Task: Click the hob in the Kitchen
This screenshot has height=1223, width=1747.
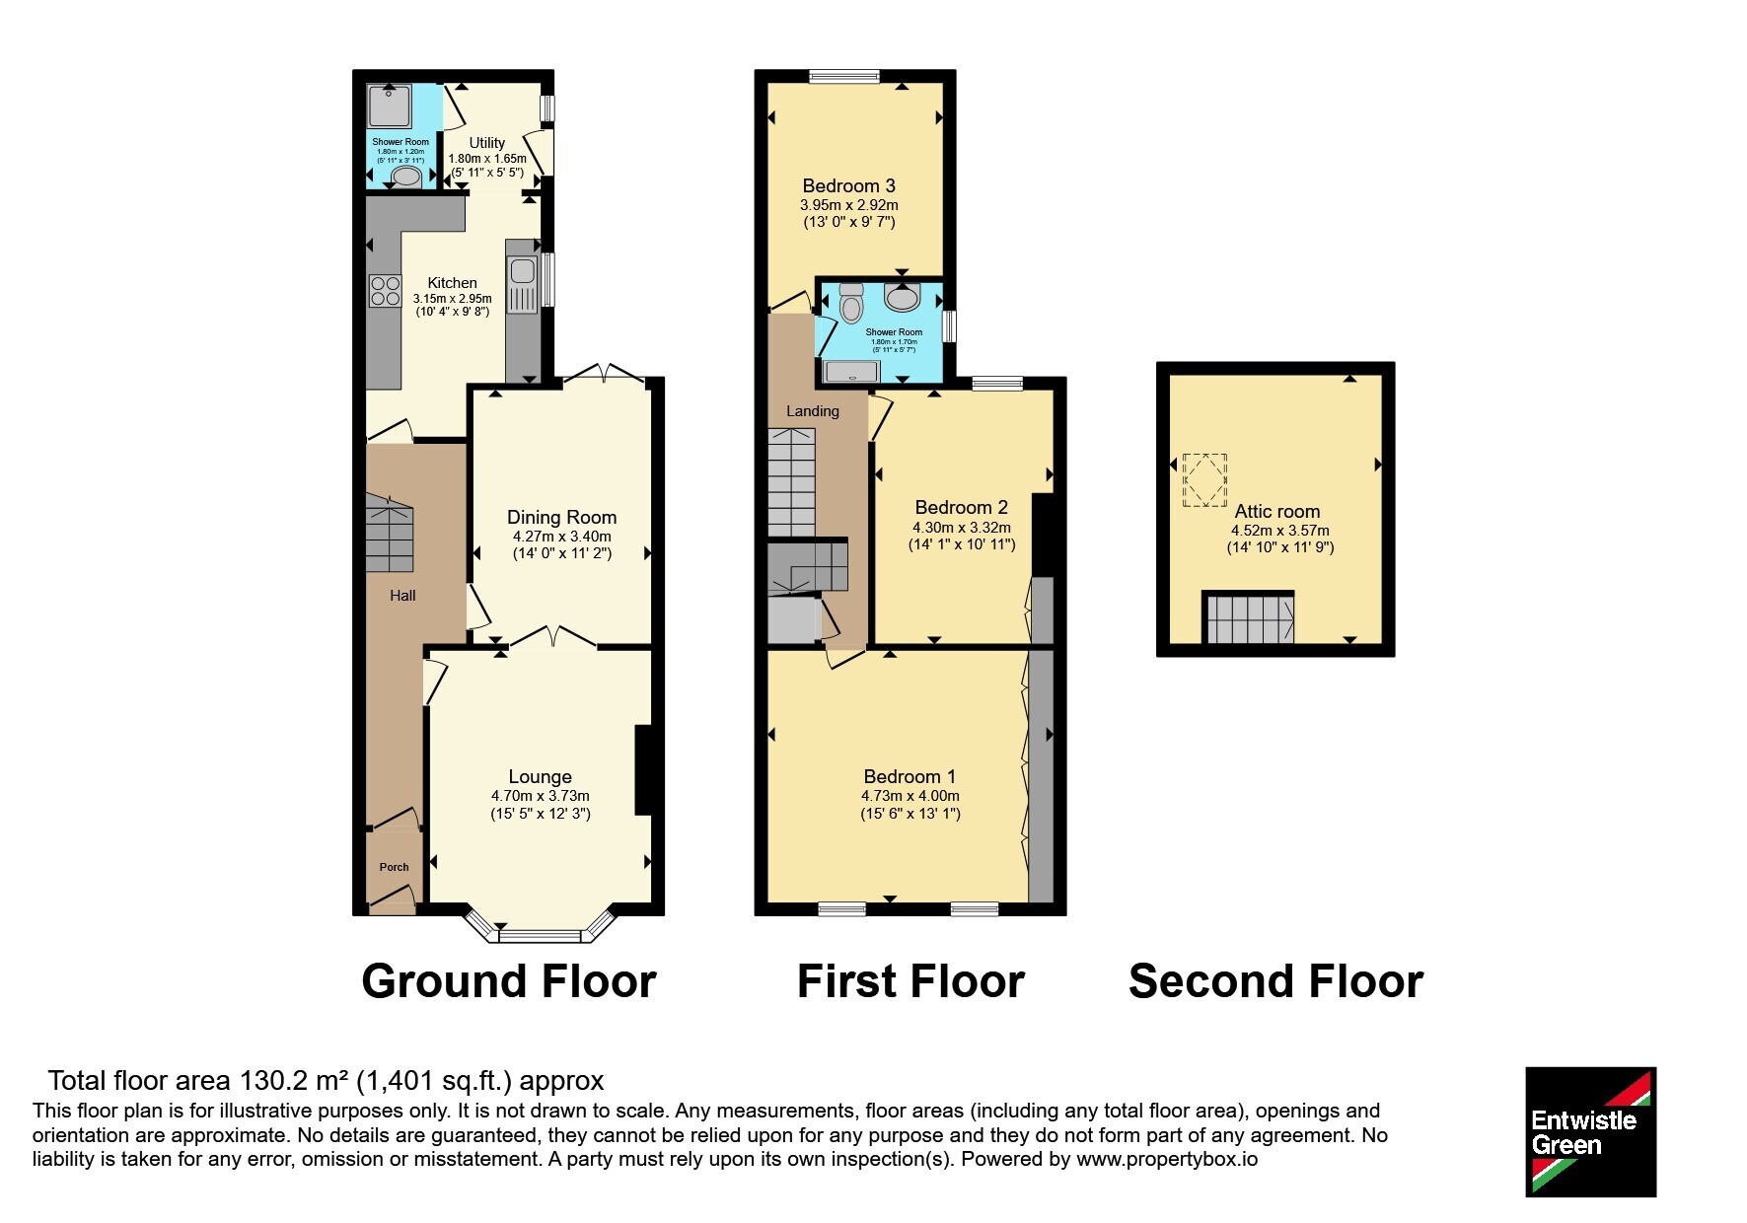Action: coord(385,290)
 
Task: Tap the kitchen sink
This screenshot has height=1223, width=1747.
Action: coord(522,284)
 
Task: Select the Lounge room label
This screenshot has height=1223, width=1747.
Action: coord(540,777)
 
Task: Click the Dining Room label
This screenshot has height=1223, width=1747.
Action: coord(561,518)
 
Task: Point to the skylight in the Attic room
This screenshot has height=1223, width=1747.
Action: coord(1204,479)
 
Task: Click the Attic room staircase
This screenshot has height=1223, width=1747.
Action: coord(1248,617)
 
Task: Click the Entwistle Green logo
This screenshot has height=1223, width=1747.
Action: coord(1590,1131)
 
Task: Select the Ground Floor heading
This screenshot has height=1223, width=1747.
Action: coord(509,981)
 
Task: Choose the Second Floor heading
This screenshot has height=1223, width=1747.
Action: coord(1275,981)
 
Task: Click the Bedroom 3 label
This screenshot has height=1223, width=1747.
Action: coord(848,186)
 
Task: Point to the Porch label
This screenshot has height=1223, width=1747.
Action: coord(394,867)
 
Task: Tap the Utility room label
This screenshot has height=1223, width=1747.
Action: coord(487,143)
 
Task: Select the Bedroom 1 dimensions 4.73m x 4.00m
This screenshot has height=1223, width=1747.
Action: coord(910,796)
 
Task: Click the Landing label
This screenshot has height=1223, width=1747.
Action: coord(813,411)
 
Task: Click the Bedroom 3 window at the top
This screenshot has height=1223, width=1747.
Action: coord(843,75)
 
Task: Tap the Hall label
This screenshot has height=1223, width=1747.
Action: coord(402,596)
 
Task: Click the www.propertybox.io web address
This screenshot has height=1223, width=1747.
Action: coord(1167,1160)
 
